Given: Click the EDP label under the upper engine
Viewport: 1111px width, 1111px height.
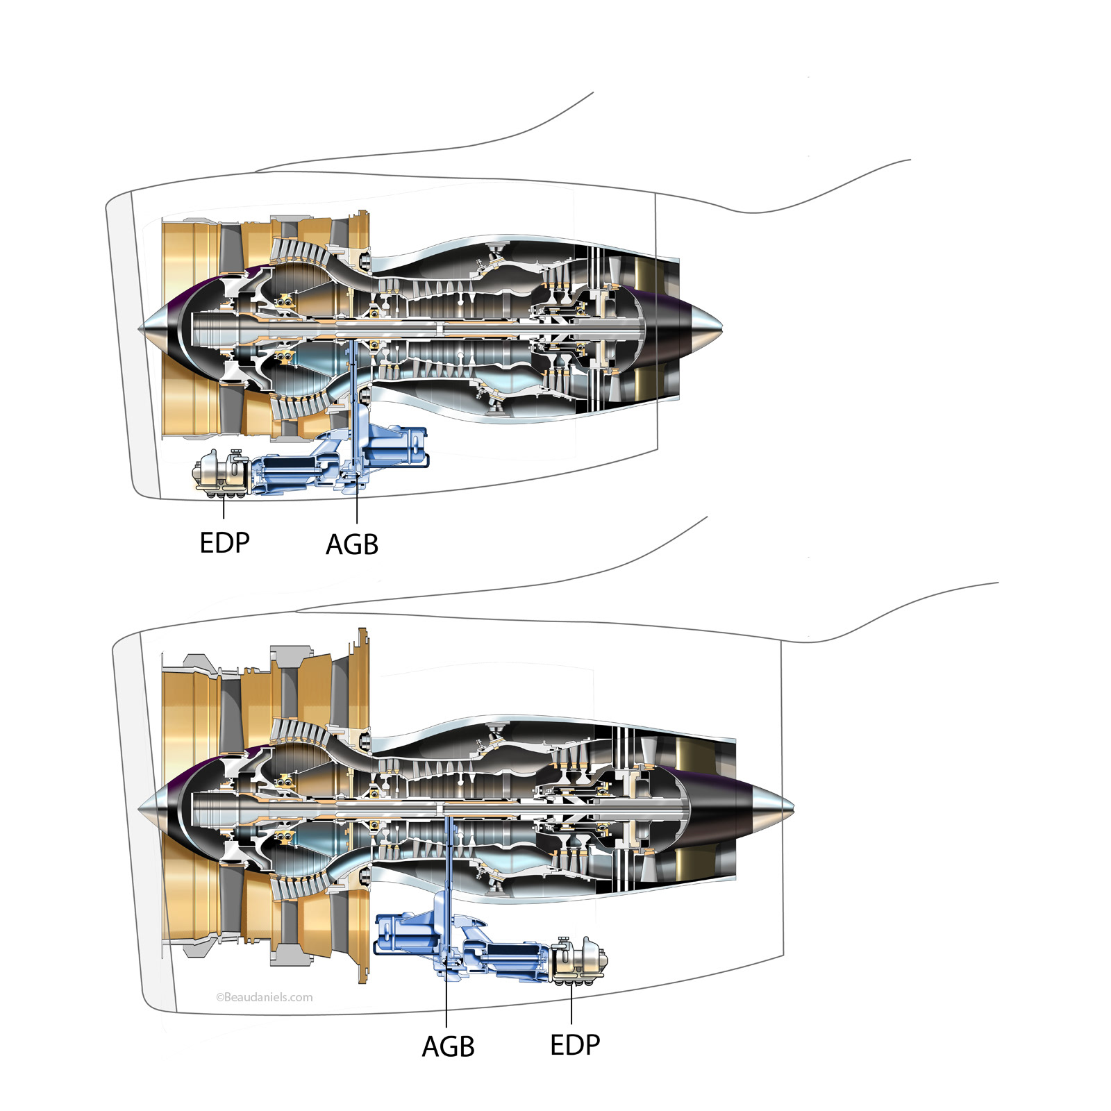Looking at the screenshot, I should [224, 543].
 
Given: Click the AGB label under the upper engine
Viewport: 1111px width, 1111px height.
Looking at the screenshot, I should [352, 545].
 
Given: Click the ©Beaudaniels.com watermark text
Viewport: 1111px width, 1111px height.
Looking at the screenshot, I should [265, 997].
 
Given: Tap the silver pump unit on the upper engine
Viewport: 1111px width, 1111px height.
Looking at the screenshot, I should [221, 473].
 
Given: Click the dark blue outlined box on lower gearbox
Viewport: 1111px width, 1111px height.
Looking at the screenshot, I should [403, 935].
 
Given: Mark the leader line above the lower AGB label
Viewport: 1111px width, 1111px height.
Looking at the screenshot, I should [446, 1000].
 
